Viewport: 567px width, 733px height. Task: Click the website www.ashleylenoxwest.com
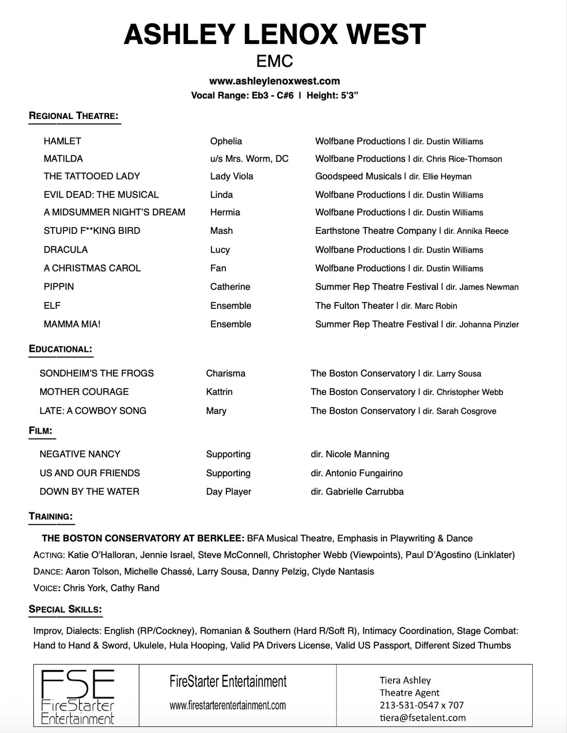click(274, 81)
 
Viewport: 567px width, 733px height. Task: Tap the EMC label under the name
click(274, 61)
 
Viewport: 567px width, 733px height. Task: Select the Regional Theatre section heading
click(74, 116)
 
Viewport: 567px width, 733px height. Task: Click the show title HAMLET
click(62, 141)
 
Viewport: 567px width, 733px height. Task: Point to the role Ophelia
click(226, 141)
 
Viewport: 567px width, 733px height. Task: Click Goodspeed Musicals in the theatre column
click(358, 177)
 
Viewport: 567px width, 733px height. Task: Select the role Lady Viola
click(231, 177)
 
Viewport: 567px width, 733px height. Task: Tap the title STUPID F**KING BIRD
click(92, 231)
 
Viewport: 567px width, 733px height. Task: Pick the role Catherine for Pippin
click(230, 287)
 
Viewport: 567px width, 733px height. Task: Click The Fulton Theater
click(354, 306)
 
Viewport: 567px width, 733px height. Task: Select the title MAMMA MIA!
click(72, 324)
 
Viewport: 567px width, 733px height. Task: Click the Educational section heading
click(60, 349)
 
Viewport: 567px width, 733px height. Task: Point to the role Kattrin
click(219, 392)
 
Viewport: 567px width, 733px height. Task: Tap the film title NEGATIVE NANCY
click(80, 454)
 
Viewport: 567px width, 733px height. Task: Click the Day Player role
click(229, 492)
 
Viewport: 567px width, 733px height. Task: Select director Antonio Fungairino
click(364, 473)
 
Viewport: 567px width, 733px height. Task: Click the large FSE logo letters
click(78, 684)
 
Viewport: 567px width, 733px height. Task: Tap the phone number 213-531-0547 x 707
click(422, 705)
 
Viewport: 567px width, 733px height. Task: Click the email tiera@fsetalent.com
click(423, 718)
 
